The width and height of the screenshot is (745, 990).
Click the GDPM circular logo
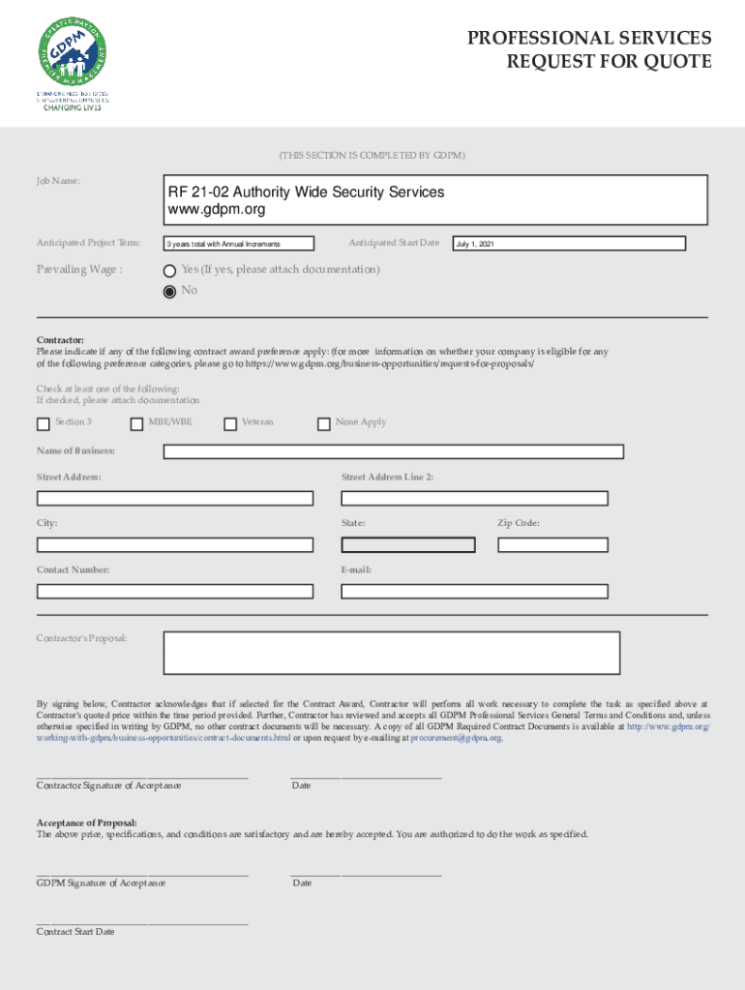click(73, 52)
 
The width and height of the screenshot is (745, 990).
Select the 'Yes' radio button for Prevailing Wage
click(170, 271)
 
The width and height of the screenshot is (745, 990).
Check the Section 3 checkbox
click(43, 423)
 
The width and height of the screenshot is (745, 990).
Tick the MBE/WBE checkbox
click(137, 423)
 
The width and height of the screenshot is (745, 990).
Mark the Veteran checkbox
click(230, 423)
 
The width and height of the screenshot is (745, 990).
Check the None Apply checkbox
click(324, 423)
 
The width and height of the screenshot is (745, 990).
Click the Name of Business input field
click(393, 451)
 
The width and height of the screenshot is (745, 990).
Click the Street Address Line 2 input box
click(474, 499)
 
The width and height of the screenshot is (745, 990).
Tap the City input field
click(174, 545)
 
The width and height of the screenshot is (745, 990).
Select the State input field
click(407, 545)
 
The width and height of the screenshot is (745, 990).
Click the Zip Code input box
click(552, 545)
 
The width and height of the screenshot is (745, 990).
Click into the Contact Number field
click(174, 592)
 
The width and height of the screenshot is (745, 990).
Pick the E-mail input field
click(474, 592)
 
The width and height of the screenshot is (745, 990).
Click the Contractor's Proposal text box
click(391, 653)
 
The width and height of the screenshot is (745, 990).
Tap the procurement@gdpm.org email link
click(456, 738)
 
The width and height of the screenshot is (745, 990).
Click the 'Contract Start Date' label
click(75, 932)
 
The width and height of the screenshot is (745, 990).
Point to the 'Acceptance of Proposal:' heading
click(87, 822)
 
